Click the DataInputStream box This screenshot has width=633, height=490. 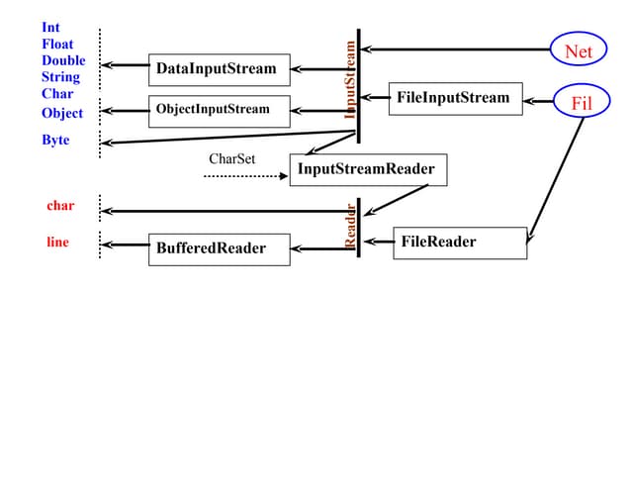(x=219, y=69)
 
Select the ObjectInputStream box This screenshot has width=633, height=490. (x=219, y=110)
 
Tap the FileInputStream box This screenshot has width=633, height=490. (x=455, y=98)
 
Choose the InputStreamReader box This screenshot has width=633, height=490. (x=368, y=169)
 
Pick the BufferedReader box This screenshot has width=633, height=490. (x=219, y=248)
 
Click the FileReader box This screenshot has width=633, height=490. (x=460, y=243)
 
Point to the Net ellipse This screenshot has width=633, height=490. (x=578, y=49)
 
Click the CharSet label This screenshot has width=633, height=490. (x=232, y=158)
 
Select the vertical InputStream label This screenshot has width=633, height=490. (x=350, y=79)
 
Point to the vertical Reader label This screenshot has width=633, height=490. (x=350, y=226)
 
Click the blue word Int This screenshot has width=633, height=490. (x=51, y=28)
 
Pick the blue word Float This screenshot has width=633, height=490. (x=57, y=45)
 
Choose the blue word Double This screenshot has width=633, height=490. (x=63, y=60)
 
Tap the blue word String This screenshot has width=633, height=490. (x=60, y=76)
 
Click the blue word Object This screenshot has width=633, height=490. (x=62, y=113)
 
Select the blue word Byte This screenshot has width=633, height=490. (x=55, y=141)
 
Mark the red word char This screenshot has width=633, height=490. (x=60, y=206)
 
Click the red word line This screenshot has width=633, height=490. (x=57, y=242)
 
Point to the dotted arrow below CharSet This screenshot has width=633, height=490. (x=244, y=176)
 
